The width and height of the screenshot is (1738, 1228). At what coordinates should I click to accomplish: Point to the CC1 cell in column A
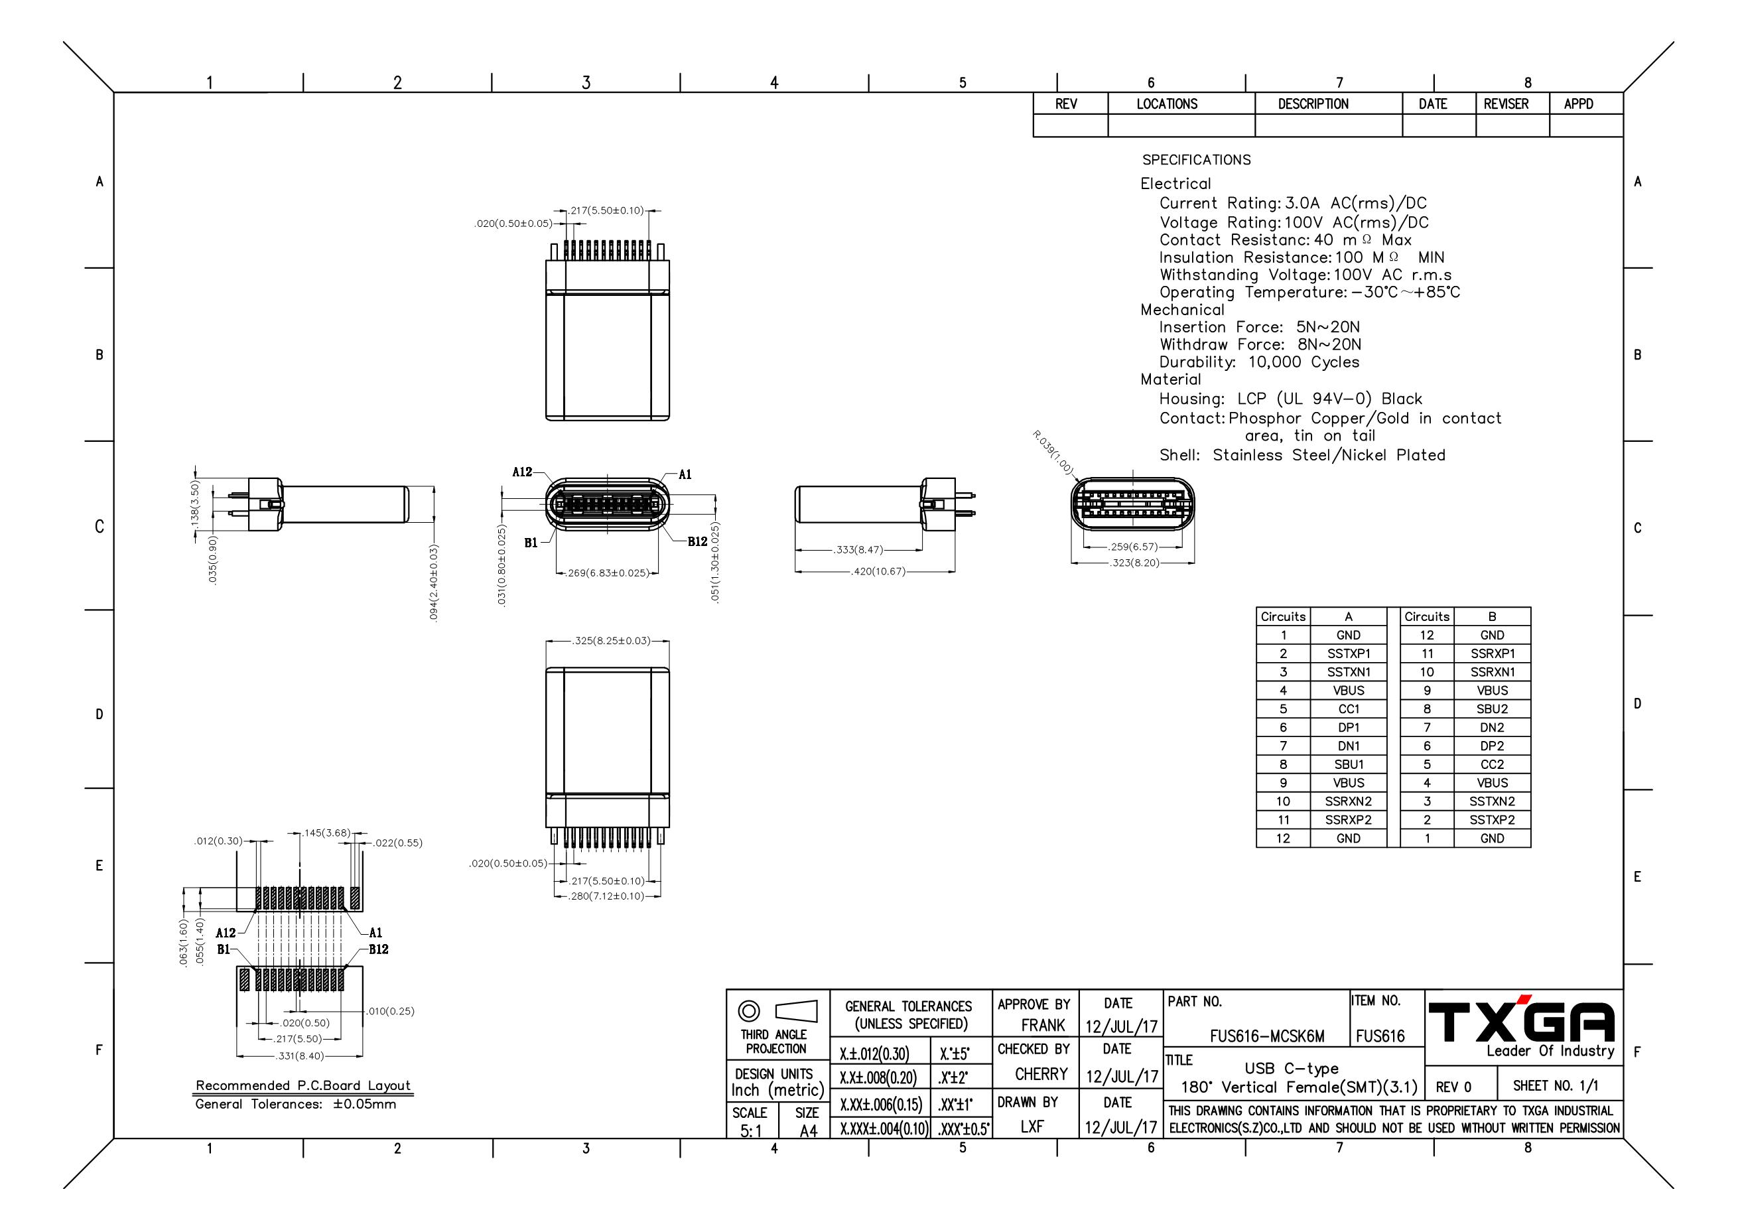click(x=1348, y=709)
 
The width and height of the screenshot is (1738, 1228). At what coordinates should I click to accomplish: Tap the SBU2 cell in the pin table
click(x=1491, y=709)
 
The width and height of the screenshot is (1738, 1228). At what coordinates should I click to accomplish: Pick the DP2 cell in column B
click(x=1491, y=746)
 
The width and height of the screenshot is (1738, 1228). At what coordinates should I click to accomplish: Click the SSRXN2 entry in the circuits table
click(x=1348, y=801)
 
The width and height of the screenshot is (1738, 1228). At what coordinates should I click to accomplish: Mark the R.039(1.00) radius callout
click(x=1052, y=452)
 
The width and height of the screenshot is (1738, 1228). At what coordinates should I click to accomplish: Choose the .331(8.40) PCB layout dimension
click(x=299, y=1056)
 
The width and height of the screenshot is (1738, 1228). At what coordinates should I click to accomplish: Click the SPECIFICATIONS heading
click(x=1196, y=160)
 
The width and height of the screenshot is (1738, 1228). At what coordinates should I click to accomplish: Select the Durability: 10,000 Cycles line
click(x=1259, y=362)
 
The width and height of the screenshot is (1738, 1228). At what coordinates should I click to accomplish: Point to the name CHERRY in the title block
click(x=1041, y=1074)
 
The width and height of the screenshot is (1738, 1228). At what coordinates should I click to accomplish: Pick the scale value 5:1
click(x=751, y=1131)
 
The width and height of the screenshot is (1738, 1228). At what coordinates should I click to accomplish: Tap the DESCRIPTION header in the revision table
click(x=1313, y=103)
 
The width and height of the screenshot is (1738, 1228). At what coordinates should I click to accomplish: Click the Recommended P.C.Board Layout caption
click(x=302, y=1085)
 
